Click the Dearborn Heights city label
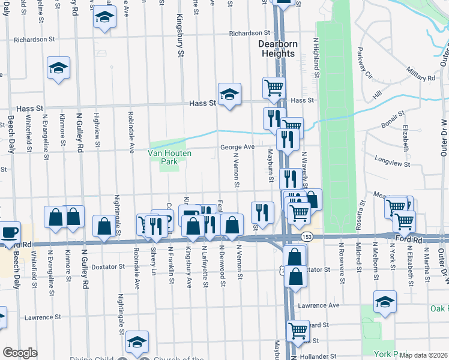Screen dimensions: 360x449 [277, 49]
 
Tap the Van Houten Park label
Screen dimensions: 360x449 [170, 158]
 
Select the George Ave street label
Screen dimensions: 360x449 [237, 147]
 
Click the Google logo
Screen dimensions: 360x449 [20, 353]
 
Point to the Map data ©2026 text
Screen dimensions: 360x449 [423, 355]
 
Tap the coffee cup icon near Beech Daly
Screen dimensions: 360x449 [10, 232]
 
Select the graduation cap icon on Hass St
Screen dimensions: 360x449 [229, 94]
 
